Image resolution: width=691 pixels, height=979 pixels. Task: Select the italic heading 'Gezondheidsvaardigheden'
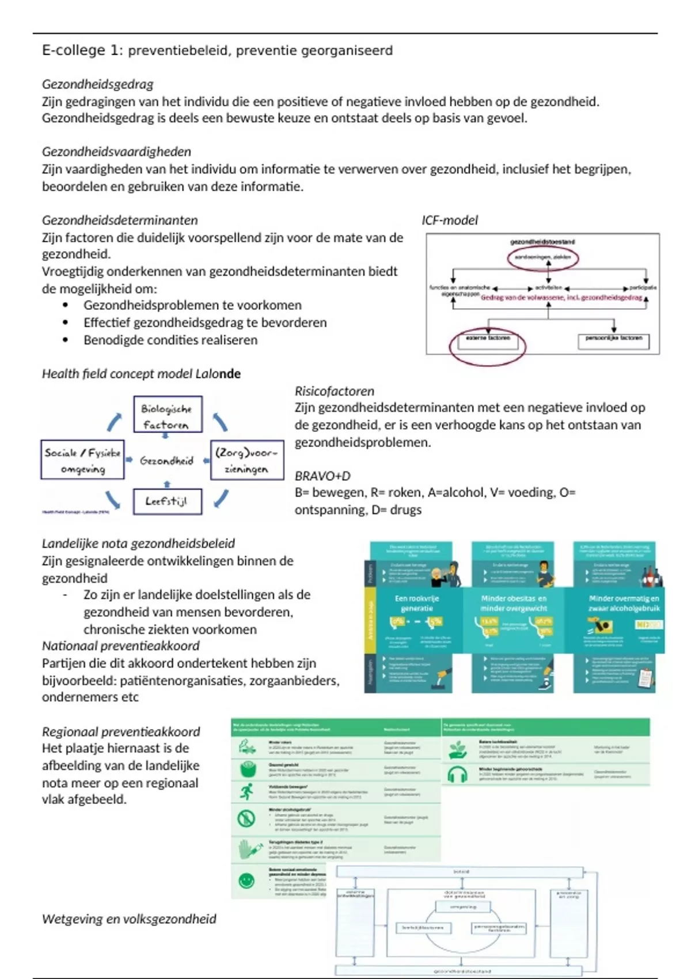116,151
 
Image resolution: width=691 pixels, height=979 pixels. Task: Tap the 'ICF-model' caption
449,220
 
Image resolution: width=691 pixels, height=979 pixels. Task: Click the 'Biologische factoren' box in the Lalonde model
168,415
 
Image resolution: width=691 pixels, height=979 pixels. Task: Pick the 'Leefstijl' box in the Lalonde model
168,501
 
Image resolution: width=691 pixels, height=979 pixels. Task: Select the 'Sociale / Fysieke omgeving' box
82,460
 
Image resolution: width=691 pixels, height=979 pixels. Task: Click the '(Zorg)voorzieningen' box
247,460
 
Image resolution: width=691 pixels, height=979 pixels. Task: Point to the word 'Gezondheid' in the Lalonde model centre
166,461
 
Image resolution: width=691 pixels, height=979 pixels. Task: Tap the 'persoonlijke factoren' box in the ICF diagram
613,340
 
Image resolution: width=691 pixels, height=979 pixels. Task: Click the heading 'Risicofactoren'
334,391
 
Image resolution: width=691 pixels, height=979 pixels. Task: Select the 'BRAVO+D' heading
322,476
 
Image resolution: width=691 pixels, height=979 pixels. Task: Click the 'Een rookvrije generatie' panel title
416,603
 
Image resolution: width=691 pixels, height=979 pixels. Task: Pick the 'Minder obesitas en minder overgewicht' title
514,603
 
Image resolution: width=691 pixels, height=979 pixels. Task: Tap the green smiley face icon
246,881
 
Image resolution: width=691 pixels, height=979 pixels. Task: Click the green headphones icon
457,775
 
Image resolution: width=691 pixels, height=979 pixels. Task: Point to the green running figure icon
246,792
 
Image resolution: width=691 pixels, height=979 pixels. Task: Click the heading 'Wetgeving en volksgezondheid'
129,919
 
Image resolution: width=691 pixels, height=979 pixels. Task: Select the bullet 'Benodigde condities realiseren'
170,340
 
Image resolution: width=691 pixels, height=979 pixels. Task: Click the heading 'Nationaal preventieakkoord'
120,646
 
